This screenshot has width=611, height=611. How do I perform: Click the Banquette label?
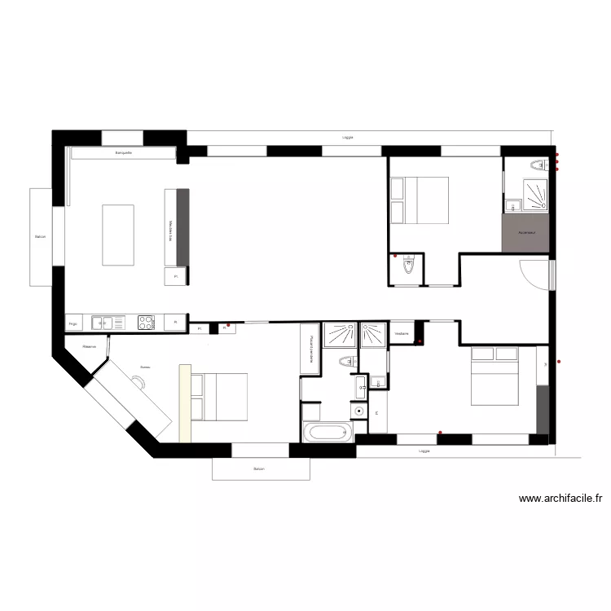pos(124,152)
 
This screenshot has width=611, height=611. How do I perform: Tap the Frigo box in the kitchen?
pos(73,323)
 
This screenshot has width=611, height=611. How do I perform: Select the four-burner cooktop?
pos(146,323)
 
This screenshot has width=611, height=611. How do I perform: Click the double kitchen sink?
pos(103,323)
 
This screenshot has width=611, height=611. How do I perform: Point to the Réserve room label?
pos(90,346)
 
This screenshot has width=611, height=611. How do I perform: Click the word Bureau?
pos(145,367)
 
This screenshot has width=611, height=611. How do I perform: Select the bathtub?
pos(327,433)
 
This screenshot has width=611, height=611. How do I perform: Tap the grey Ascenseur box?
pos(526,233)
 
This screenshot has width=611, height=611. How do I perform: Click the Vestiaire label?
pos(402,334)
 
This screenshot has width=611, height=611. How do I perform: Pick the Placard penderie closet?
pos(310,349)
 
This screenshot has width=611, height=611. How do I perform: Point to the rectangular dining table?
pos(118,235)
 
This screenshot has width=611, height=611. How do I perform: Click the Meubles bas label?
pos(170,231)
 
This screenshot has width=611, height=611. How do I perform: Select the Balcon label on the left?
pos(40,237)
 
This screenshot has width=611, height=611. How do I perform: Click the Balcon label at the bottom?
pos(259,469)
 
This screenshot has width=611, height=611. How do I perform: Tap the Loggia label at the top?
pos(348,138)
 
